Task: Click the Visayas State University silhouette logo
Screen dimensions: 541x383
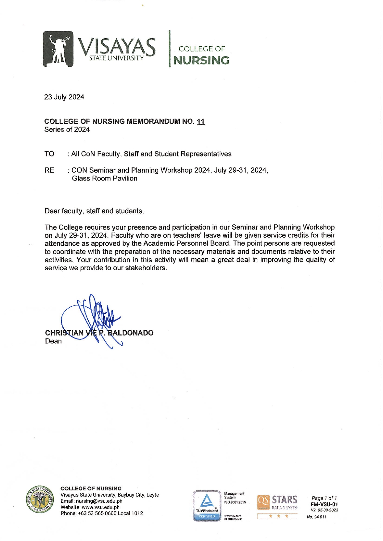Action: point(58,49)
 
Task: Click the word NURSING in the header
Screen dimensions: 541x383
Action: point(201,60)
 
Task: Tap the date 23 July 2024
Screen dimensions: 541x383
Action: point(64,97)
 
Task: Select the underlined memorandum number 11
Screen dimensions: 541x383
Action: point(201,121)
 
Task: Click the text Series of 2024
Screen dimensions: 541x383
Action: point(67,130)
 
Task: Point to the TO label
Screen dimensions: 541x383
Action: point(49,154)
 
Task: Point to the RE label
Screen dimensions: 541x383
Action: point(49,170)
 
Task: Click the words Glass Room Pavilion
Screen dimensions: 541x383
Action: point(104,178)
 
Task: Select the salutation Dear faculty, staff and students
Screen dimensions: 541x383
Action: point(94,211)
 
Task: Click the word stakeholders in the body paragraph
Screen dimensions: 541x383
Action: point(146,268)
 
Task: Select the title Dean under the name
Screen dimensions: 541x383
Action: point(53,341)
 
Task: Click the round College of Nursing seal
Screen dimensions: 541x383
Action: point(40,500)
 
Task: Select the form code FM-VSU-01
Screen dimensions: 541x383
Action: point(324,504)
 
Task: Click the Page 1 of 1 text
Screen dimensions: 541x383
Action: point(324,498)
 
